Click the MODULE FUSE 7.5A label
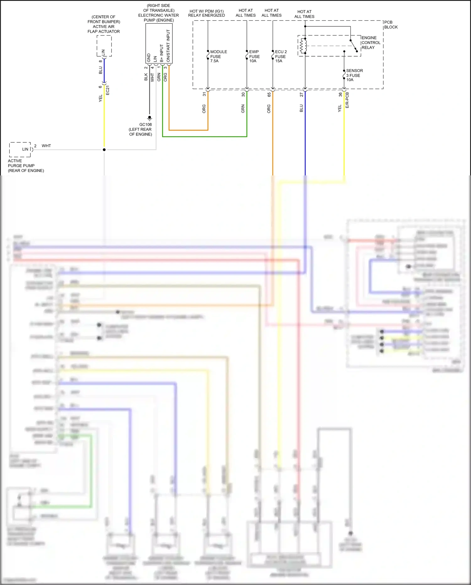(218, 56)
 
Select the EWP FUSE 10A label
(254, 56)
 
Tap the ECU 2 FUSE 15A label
(280, 56)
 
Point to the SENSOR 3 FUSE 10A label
(354, 75)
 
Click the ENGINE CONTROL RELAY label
(371, 42)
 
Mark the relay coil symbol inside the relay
(303, 46)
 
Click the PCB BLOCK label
(391, 25)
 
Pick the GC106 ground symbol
(149, 118)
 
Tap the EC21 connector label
(108, 90)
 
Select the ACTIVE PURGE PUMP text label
(21, 165)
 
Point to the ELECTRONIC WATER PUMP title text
(158, 15)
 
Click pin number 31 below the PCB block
(204, 94)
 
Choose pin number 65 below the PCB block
(269, 94)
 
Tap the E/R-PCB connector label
(347, 100)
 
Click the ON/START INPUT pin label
(168, 46)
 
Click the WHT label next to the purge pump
(46, 146)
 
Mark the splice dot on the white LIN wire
(104, 150)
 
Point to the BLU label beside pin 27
(301, 108)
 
